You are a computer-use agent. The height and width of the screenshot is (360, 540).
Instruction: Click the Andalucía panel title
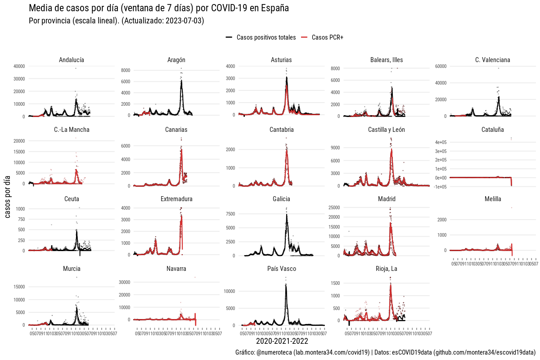click(x=71, y=60)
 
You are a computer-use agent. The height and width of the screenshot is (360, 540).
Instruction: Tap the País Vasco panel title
click(x=281, y=269)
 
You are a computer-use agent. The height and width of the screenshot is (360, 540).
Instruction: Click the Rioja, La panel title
click(x=387, y=269)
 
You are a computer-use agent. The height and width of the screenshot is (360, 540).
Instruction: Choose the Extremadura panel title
click(x=176, y=199)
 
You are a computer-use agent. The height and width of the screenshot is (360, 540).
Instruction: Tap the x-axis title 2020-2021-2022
click(x=282, y=342)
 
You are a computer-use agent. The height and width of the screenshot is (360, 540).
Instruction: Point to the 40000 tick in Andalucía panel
click(x=19, y=66)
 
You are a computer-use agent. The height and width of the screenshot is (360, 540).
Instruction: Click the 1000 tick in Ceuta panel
click(x=20, y=209)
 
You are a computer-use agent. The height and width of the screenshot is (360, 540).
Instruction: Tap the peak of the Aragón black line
click(x=181, y=81)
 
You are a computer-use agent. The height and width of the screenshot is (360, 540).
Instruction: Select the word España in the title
click(x=273, y=8)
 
